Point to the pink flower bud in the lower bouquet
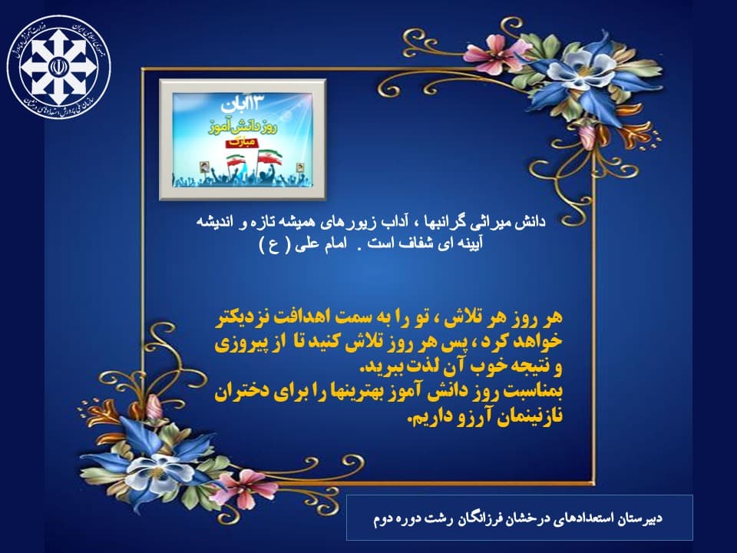pyautogui.click(x=154, y=408)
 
